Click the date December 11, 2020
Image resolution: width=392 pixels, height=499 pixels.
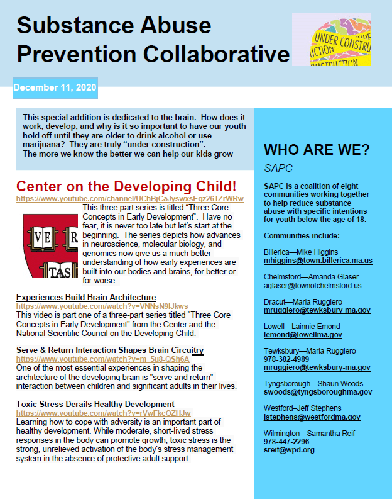(55, 88)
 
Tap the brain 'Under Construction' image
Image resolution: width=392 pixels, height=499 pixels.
(332, 40)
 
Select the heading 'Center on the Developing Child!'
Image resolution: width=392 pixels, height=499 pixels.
(126, 186)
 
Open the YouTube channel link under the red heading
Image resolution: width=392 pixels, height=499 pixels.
(129, 198)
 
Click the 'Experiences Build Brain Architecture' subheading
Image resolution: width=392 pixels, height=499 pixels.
(86, 297)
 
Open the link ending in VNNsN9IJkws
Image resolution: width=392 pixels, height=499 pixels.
(102, 306)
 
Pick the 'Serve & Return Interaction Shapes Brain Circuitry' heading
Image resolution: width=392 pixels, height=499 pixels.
(110, 350)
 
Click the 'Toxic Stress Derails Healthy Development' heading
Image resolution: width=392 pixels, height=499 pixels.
(95, 404)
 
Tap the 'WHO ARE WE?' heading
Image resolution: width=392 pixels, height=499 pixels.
(317, 150)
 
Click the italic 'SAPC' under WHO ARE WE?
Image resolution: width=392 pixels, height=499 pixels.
(278, 169)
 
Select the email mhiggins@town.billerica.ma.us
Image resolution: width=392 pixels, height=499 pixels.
(318, 261)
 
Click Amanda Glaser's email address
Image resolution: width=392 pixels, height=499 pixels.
(312, 285)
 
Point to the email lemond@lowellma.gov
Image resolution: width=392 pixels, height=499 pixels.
(303, 335)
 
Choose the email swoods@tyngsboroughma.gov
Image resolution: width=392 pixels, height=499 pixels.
(318, 392)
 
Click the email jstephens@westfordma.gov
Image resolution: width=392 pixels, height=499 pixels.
(312, 417)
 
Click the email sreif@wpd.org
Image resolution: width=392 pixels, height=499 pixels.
(289, 450)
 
